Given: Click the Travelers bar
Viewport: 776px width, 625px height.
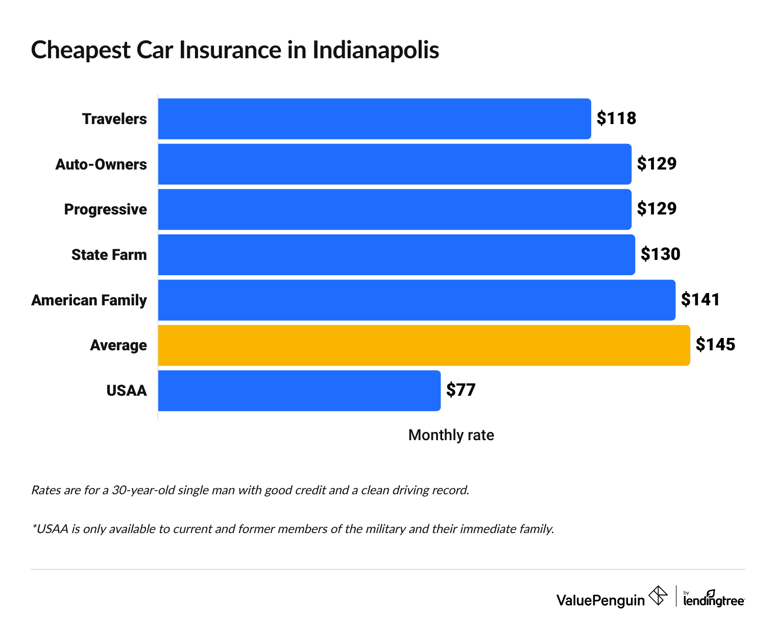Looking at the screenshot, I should pyautogui.click(x=374, y=119).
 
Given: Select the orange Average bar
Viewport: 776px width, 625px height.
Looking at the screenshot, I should pyautogui.click(x=424, y=345).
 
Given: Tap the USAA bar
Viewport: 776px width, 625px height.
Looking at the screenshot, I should pyautogui.click(x=299, y=391).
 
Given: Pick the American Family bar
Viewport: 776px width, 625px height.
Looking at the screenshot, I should pyautogui.click(x=417, y=300).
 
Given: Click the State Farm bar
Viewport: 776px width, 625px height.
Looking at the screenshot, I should pyautogui.click(x=396, y=255).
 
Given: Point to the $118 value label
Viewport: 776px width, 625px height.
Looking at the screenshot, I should pyautogui.click(x=616, y=118).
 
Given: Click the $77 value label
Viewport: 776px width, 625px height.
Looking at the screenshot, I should pyautogui.click(x=460, y=390).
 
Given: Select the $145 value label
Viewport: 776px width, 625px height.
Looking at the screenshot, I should pyautogui.click(x=715, y=345).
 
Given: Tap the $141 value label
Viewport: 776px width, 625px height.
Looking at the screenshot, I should pyautogui.click(x=700, y=300).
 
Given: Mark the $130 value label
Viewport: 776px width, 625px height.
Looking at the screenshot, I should pyautogui.click(x=660, y=254).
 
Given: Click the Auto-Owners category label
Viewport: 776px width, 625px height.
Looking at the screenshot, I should pyautogui.click(x=101, y=164).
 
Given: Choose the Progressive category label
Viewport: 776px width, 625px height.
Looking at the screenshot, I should pyautogui.click(x=105, y=210).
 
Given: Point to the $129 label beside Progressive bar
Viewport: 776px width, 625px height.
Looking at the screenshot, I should pyautogui.click(x=657, y=209).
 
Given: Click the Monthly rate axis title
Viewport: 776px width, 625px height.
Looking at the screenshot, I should pyautogui.click(x=451, y=435).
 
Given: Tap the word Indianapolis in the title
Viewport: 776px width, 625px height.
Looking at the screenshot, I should pyautogui.click(x=375, y=50).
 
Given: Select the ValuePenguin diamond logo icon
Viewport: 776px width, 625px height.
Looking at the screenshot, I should pyautogui.click(x=658, y=596).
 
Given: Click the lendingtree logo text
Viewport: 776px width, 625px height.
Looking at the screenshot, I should pyautogui.click(x=714, y=600).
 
